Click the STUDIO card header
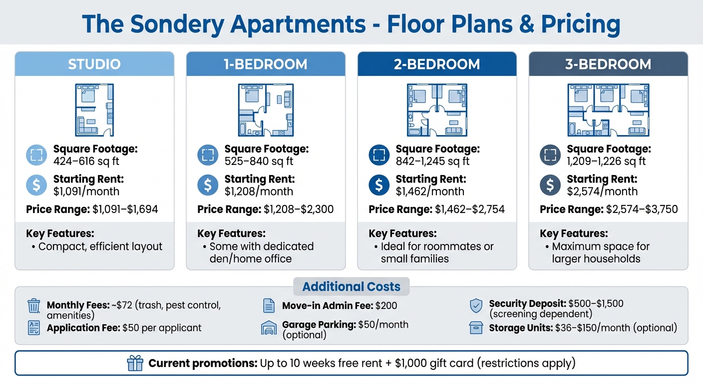click(94, 64)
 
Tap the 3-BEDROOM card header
click(608, 64)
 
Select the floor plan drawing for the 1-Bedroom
click(266, 110)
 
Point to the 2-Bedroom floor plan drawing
click(437, 110)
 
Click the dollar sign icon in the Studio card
click(36, 185)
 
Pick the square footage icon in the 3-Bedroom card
click(550, 155)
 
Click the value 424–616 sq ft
click(86, 161)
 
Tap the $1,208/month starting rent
click(259, 191)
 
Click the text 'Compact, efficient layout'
click(100, 246)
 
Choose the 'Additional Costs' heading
click(351, 286)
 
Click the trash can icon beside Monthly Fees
click(34, 305)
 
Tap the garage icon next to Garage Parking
click(269, 328)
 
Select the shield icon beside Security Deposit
click(476, 305)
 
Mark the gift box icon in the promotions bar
click(135, 363)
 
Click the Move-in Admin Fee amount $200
click(386, 305)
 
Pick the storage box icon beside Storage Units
click(476, 328)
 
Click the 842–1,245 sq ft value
click(432, 161)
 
